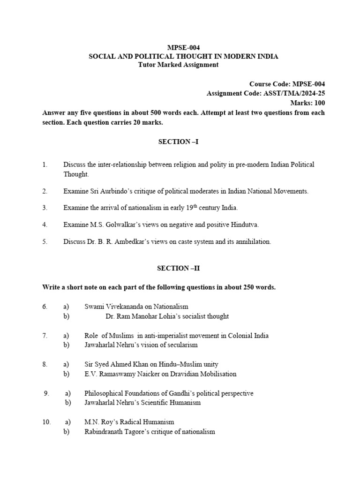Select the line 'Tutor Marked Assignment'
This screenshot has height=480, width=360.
(x=178, y=65)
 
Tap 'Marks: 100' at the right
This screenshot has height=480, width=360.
(x=308, y=103)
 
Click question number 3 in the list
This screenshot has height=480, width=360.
(x=45, y=208)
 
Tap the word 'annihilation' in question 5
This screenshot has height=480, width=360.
(x=252, y=242)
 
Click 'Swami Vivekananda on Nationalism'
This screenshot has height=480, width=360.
(x=136, y=307)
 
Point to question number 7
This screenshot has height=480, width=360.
(x=45, y=336)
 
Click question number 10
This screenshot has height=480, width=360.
(x=46, y=422)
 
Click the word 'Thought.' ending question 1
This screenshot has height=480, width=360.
(x=76, y=174)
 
